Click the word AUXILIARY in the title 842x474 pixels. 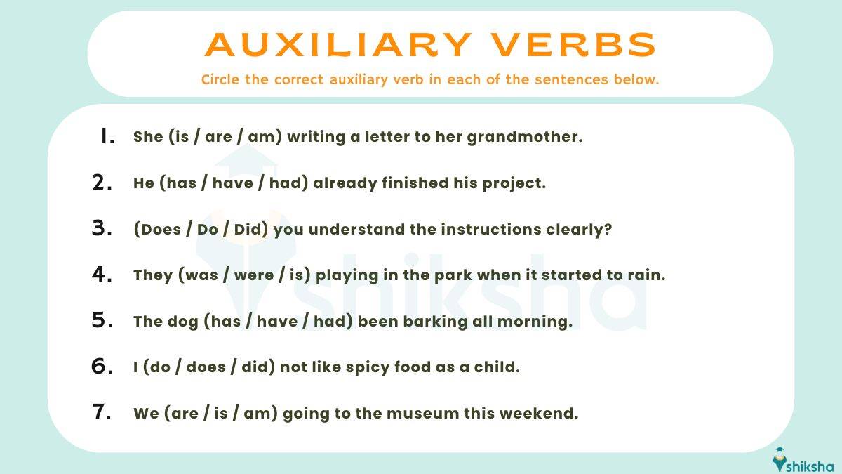338,45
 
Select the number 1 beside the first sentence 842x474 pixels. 107,136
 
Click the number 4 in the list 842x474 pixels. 102,275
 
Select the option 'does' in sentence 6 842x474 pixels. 208,367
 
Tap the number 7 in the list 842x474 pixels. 102,412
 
